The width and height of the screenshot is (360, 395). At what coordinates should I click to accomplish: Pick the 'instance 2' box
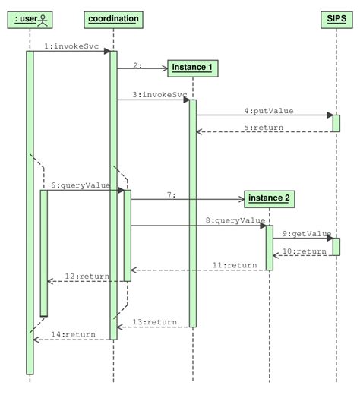[x=269, y=199]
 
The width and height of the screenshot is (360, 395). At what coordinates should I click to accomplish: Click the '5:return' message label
[x=264, y=127]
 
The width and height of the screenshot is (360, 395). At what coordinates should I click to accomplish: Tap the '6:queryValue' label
[x=81, y=185]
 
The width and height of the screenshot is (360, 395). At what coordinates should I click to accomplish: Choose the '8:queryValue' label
[x=235, y=220]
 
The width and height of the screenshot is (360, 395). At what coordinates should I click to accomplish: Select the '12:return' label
[x=86, y=276]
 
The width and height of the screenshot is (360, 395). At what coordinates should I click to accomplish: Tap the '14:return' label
[x=73, y=334]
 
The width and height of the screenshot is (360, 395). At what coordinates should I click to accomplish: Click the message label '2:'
[x=137, y=66]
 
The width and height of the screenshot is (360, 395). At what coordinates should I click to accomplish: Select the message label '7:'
[x=172, y=195]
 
